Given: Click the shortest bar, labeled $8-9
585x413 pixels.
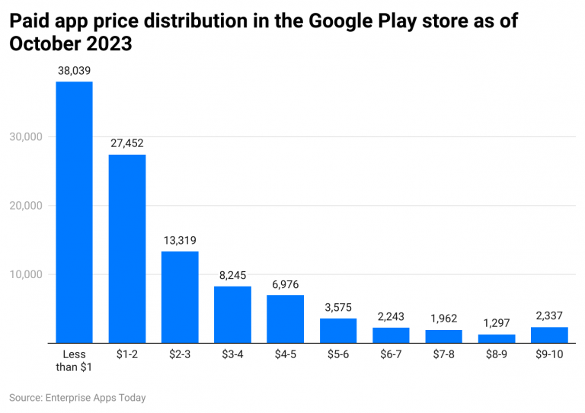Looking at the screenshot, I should tap(496, 338).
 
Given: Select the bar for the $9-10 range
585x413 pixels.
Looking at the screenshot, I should tap(548, 335).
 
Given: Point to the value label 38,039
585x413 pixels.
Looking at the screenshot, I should tap(74, 70).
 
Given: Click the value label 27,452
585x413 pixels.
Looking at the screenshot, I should tap(126, 142).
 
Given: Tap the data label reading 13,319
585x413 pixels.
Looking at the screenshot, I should tap(180, 240).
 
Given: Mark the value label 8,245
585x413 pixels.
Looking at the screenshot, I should tap(232, 275).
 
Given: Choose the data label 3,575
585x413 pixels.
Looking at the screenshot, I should tap(337, 307).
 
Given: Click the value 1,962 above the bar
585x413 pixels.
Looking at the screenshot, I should tap(443, 319).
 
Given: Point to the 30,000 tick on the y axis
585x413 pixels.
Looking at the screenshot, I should tap(27, 137).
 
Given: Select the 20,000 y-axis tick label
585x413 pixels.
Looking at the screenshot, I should tap(27, 206).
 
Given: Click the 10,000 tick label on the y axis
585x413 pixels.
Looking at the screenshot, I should tap(27, 274).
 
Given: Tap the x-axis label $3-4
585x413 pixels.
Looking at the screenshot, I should tap(232, 355).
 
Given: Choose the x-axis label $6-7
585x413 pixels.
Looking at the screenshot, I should tap(391, 355).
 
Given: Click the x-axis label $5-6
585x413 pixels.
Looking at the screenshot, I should tap(337, 355).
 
